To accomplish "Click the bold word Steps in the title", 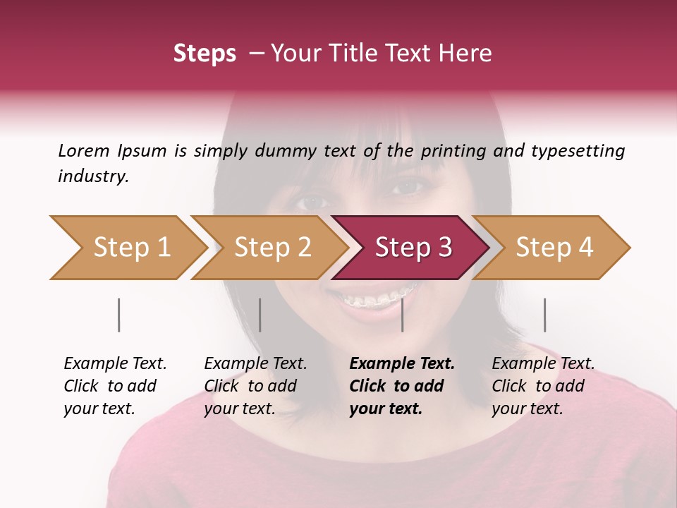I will pyautogui.click(x=205, y=54).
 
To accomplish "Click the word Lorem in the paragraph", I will pyautogui.click(x=84, y=150).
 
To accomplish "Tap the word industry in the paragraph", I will pyautogui.click(x=93, y=176).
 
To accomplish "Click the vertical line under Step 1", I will pyautogui.click(x=119, y=315).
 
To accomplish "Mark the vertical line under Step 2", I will pyautogui.click(x=260, y=315).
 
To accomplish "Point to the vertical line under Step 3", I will pyautogui.click(x=402, y=315).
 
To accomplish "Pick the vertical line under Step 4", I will pyautogui.click(x=544, y=315).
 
